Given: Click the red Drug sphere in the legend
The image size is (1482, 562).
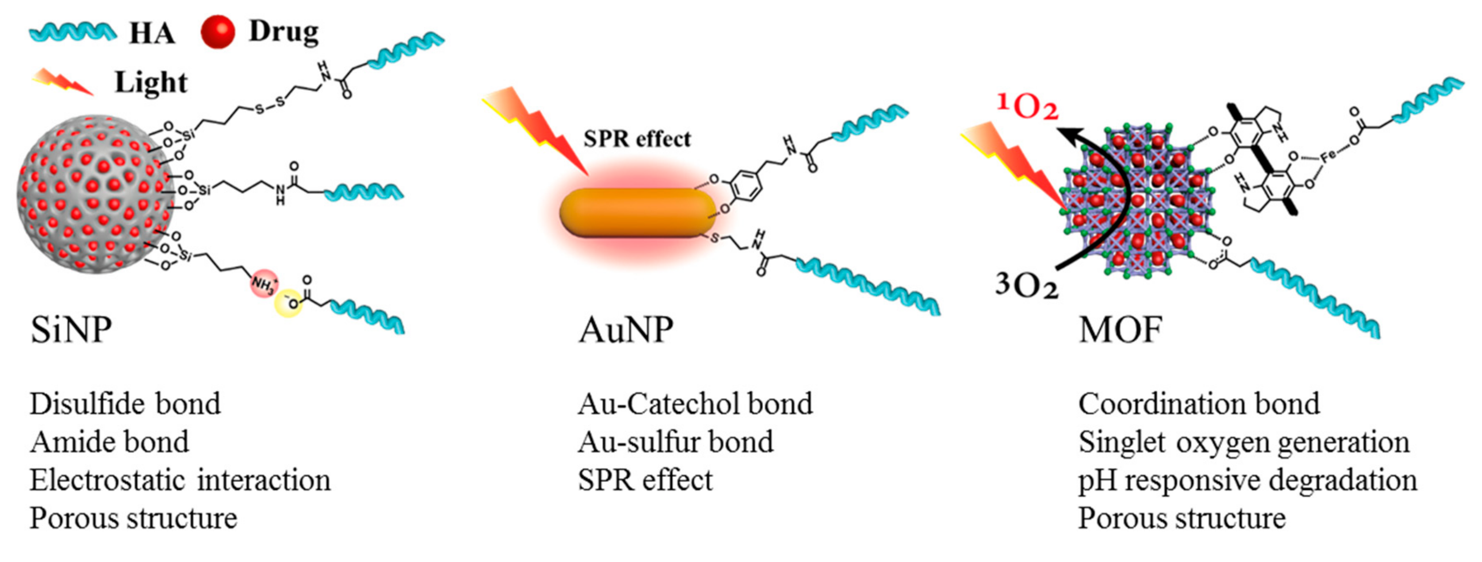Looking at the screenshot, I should (218, 32).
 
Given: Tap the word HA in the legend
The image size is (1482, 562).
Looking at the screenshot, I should (152, 33).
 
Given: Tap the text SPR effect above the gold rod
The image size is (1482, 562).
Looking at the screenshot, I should (637, 139).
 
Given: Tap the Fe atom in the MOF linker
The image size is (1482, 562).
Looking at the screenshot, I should (1328, 157).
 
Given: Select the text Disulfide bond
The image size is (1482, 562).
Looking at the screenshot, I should (126, 404).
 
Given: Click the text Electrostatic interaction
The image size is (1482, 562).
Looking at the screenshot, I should (180, 480).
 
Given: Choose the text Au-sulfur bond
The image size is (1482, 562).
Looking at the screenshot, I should (676, 442).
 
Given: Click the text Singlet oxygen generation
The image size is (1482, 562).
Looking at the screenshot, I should (1244, 442).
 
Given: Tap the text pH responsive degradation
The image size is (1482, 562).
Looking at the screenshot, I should (1247, 480).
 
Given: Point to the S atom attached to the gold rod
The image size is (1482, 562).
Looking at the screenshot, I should (715, 238).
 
